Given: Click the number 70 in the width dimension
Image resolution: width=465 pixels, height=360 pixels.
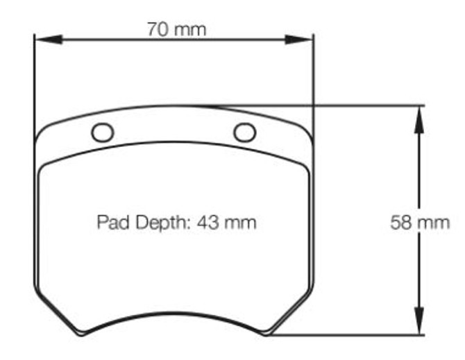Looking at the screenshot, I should pyautogui.click(x=158, y=29).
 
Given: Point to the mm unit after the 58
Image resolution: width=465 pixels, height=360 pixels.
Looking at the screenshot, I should pyautogui.click(x=434, y=223).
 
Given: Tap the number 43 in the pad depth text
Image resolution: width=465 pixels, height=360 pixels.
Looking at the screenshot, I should pyautogui.click(x=209, y=223).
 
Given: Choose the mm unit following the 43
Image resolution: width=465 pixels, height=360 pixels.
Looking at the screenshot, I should pyautogui.click(x=241, y=223).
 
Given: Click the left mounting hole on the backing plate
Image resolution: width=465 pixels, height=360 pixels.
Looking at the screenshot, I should pyautogui.click(x=102, y=131).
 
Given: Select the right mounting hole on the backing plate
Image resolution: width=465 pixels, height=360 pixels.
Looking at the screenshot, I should pyautogui.click(x=244, y=131).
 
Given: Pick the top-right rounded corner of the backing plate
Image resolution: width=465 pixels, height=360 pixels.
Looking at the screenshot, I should pyautogui.click(x=304, y=130).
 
